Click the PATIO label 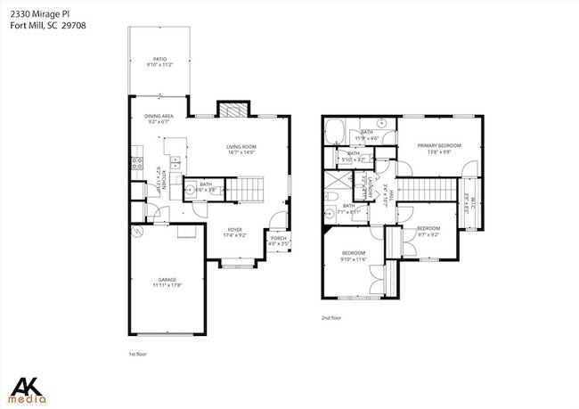click(160, 60)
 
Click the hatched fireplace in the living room click(231, 109)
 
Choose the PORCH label click(278, 238)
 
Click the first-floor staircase click(249, 188)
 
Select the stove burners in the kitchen click(137, 163)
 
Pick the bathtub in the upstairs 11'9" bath click(337, 133)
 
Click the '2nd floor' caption click(331, 317)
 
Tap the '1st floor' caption click(137, 354)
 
